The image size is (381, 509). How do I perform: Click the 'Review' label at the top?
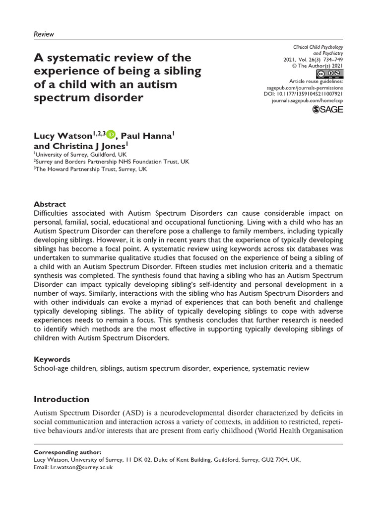coord(43,34)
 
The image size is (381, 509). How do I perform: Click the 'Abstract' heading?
coord(50,204)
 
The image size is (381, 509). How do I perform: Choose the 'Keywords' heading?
coord(52,359)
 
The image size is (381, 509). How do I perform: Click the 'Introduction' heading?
coord(61,399)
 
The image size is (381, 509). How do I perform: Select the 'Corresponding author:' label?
coord(66,452)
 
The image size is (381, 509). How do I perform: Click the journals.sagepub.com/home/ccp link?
coord(308,100)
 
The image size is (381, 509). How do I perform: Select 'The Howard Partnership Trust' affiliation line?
coord(90,169)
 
